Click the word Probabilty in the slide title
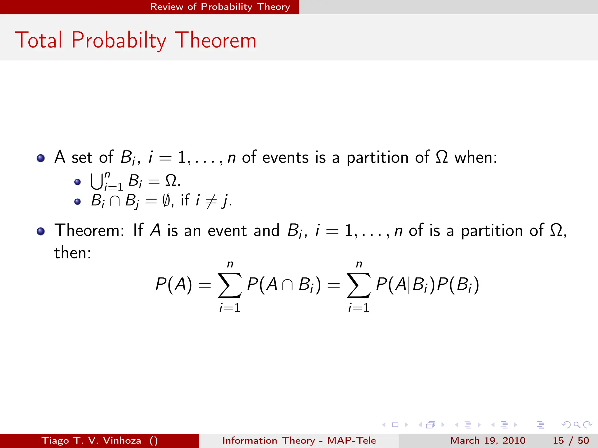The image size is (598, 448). click(x=119, y=40)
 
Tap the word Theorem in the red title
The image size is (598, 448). click(x=215, y=40)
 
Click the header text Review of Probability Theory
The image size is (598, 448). click(x=220, y=7)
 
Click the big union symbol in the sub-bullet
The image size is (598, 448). click(x=96, y=181)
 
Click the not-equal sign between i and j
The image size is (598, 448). click(x=211, y=201)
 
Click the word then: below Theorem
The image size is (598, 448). click(x=73, y=253)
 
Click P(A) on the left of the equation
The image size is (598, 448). click(x=174, y=284)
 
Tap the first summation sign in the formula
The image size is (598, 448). click(x=230, y=285)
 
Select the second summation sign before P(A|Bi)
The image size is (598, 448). click(x=359, y=285)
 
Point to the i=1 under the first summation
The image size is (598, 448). click(x=230, y=308)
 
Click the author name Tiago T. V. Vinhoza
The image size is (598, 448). click(x=91, y=440)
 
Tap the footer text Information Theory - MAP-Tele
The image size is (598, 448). click(x=299, y=440)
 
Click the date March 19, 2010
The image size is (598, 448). click(x=487, y=440)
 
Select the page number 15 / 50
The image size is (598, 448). click(x=571, y=440)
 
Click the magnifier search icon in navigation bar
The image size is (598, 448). click(x=577, y=425)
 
